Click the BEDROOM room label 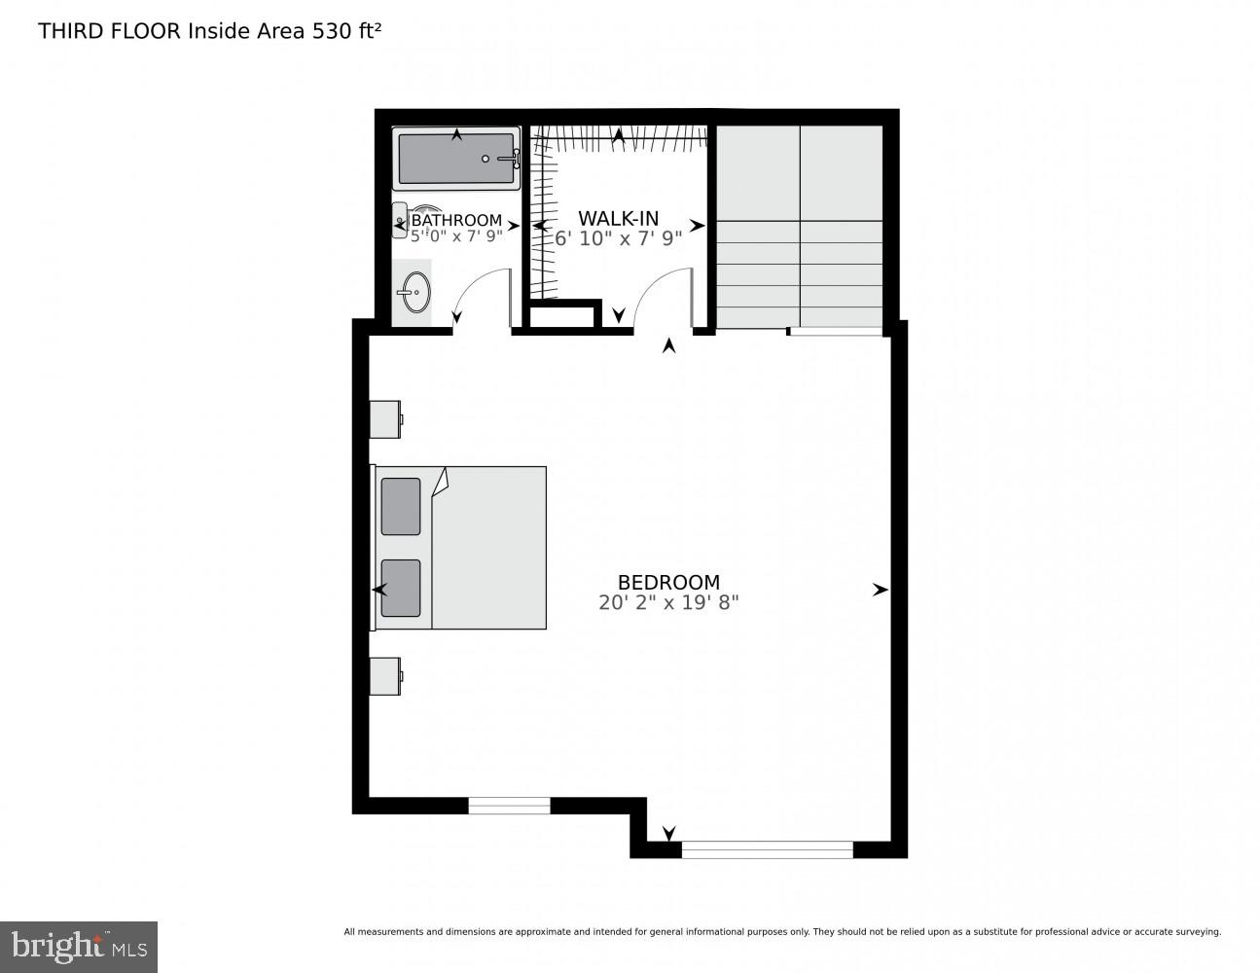(x=668, y=583)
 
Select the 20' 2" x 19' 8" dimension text (x=668, y=602)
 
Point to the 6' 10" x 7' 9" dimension (x=618, y=237)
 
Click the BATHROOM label (x=456, y=221)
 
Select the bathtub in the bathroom (x=456, y=159)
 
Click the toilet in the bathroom (x=401, y=221)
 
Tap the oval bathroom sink (x=416, y=292)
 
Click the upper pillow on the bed (x=401, y=506)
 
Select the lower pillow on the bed (x=401, y=588)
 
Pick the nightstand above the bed (x=385, y=418)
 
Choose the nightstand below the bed (x=385, y=676)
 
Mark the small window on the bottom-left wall (x=509, y=806)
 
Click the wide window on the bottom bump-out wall (x=767, y=849)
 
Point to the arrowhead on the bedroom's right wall (x=880, y=590)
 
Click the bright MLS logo (x=79, y=946)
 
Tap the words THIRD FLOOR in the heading (x=109, y=31)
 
